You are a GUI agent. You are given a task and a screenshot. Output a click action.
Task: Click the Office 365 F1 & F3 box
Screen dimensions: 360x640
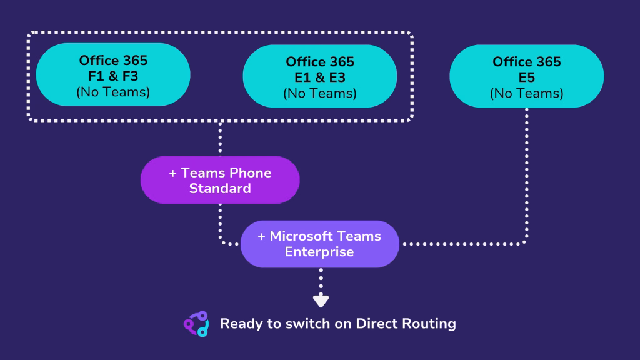tap(113, 75)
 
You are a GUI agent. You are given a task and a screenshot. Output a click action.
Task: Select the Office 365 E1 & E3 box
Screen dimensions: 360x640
tap(319, 76)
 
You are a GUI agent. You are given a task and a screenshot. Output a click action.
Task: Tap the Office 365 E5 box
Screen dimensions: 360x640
tap(526, 76)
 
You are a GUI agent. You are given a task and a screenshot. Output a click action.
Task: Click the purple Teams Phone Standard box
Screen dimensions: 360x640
tap(220, 180)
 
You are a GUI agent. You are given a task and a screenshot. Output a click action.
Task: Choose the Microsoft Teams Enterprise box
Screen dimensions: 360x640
tap(319, 244)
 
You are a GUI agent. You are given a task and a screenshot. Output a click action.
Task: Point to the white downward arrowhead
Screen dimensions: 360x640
tap(321, 301)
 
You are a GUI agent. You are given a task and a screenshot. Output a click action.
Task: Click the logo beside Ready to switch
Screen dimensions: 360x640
tap(196, 324)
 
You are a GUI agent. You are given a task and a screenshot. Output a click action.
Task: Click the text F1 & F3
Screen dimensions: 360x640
tap(113, 76)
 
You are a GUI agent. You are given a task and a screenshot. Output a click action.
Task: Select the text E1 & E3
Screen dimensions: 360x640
tap(320, 77)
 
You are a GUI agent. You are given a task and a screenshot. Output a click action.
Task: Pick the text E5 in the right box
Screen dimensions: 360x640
tap(527, 77)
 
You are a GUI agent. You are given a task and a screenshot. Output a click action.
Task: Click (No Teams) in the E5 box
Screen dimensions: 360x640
tap(526, 93)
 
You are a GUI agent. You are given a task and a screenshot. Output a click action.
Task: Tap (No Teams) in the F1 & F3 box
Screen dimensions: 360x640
tap(113, 92)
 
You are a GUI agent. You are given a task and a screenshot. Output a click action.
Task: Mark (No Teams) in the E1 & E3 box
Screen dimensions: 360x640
tap(320, 93)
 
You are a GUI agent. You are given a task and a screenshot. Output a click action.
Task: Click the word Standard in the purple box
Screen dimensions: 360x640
tap(220, 188)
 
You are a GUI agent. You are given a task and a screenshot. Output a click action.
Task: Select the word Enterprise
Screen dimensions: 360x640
tap(319, 252)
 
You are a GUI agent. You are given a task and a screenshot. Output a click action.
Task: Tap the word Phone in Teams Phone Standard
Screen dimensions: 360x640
tap(249, 172)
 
